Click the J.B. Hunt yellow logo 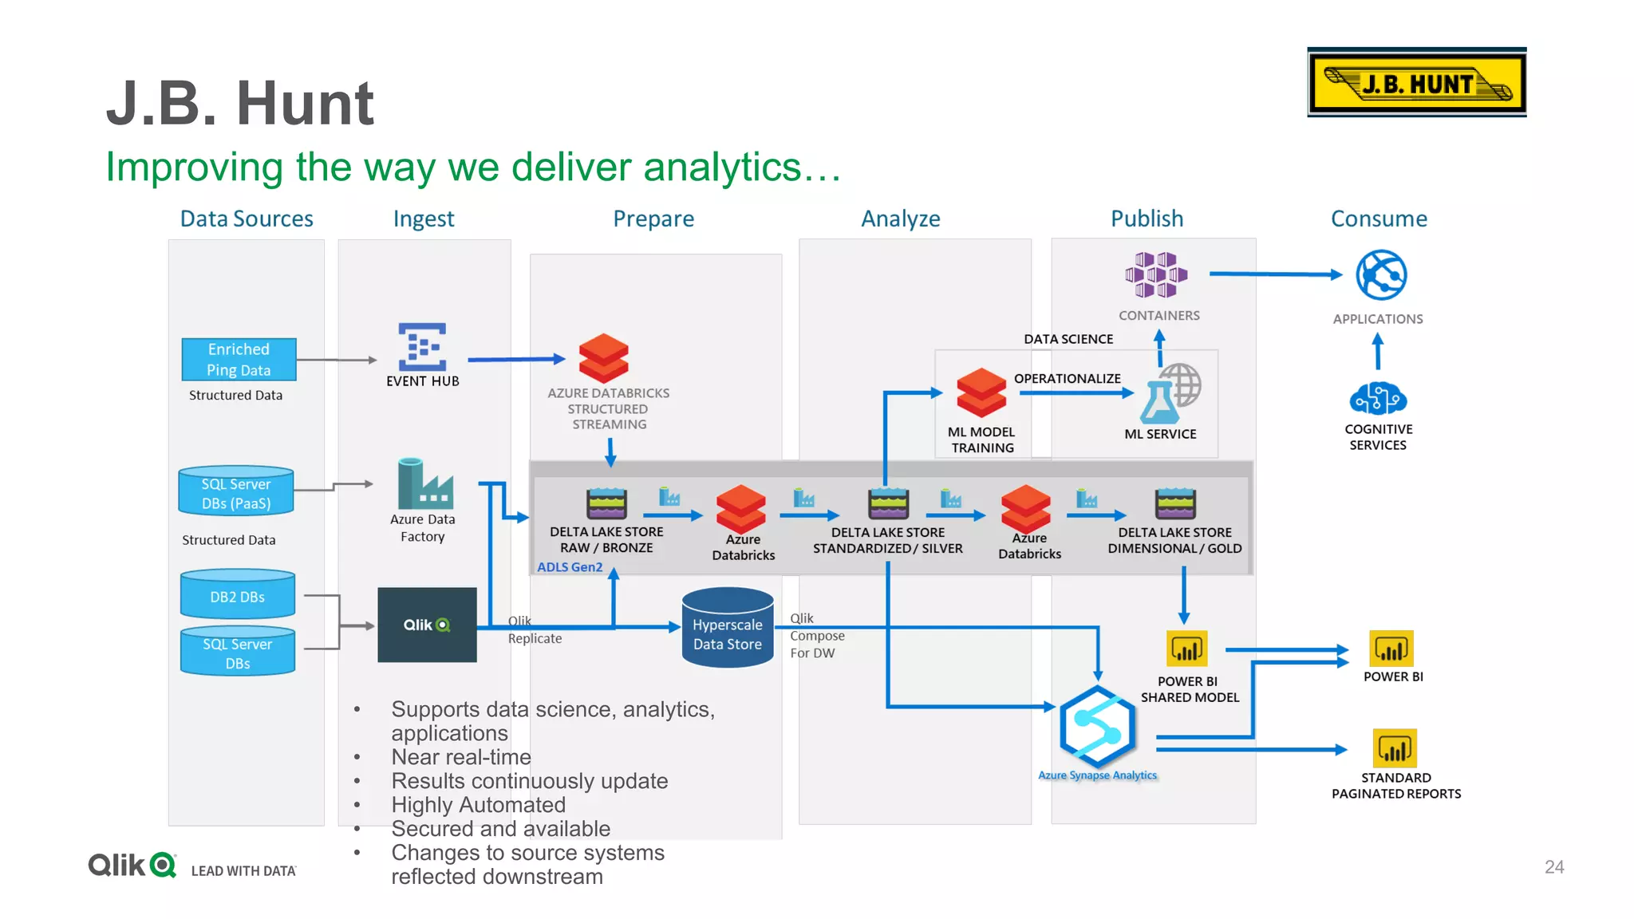click(1416, 83)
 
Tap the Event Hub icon click(422, 347)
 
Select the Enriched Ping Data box click(239, 359)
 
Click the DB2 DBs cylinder click(238, 595)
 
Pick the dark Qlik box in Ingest click(427, 625)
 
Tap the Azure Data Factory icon click(424, 484)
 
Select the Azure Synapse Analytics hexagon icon click(1097, 727)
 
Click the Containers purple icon click(1156, 274)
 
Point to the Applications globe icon click(1381, 275)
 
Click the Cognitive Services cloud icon click(1378, 398)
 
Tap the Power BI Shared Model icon click(1186, 649)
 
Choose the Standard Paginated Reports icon click(1394, 748)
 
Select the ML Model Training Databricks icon click(981, 392)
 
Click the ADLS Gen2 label click(570, 566)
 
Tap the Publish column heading click(1147, 219)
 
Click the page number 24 click(1553, 866)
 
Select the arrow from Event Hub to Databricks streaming click(516, 360)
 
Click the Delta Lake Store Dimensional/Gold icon click(1174, 503)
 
